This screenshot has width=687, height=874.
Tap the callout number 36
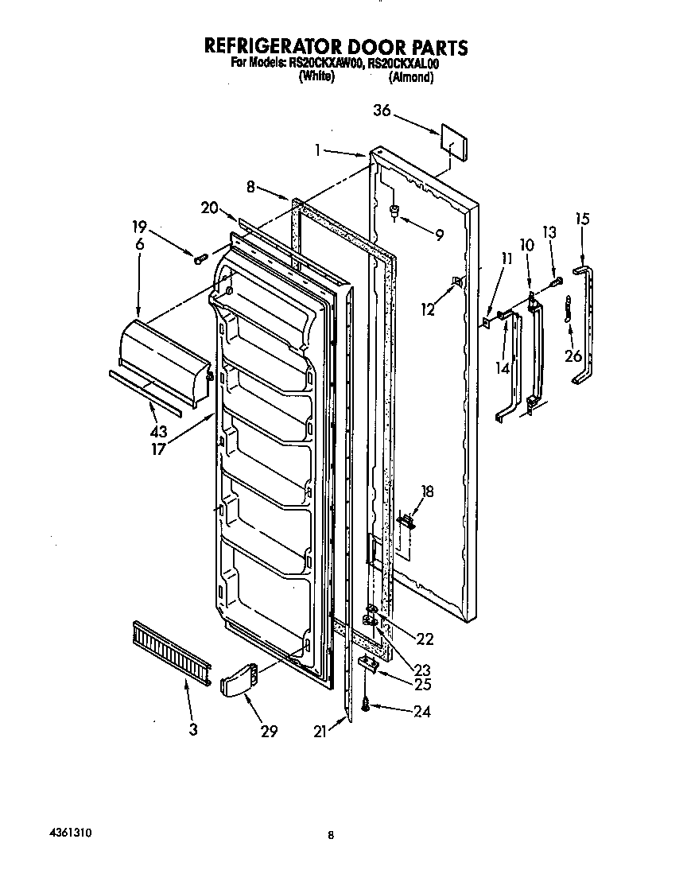pyautogui.click(x=382, y=111)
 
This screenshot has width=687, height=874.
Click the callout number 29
pyautogui.click(x=269, y=731)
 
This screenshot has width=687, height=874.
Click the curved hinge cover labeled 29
pyautogui.click(x=238, y=678)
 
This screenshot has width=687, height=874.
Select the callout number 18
pyautogui.click(x=427, y=492)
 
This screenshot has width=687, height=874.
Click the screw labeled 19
pyautogui.click(x=200, y=258)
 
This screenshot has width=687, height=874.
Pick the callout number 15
pyautogui.click(x=582, y=217)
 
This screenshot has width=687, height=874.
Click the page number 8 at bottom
pyautogui.click(x=330, y=835)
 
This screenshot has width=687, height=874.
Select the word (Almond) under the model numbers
pyautogui.click(x=411, y=77)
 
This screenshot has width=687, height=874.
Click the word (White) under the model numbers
pyautogui.click(x=316, y=77)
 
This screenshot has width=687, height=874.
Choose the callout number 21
pyautogui.click(x=320, y=732)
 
